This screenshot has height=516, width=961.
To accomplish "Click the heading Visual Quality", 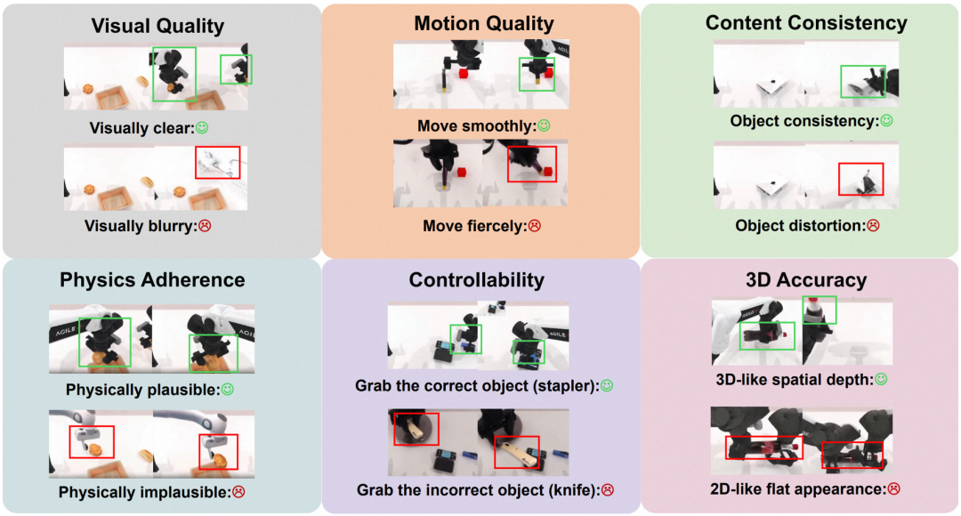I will point(157,26).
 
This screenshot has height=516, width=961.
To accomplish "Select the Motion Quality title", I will point(484,23).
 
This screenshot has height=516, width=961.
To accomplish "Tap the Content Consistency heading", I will point(806,23).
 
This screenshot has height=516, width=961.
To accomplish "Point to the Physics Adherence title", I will point(152,279).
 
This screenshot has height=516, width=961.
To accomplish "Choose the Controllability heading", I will point(476,279).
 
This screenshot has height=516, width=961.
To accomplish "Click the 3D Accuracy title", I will point(805,279).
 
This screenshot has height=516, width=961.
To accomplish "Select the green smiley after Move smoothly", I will point(545,126).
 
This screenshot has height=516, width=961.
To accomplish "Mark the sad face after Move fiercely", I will point(535,226).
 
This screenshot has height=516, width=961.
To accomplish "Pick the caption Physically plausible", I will point(142,390).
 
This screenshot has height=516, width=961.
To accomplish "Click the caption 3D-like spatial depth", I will point(795,380).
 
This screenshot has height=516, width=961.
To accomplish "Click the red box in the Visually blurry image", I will point(218,162).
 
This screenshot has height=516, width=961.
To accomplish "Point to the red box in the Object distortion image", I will point(860,179).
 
